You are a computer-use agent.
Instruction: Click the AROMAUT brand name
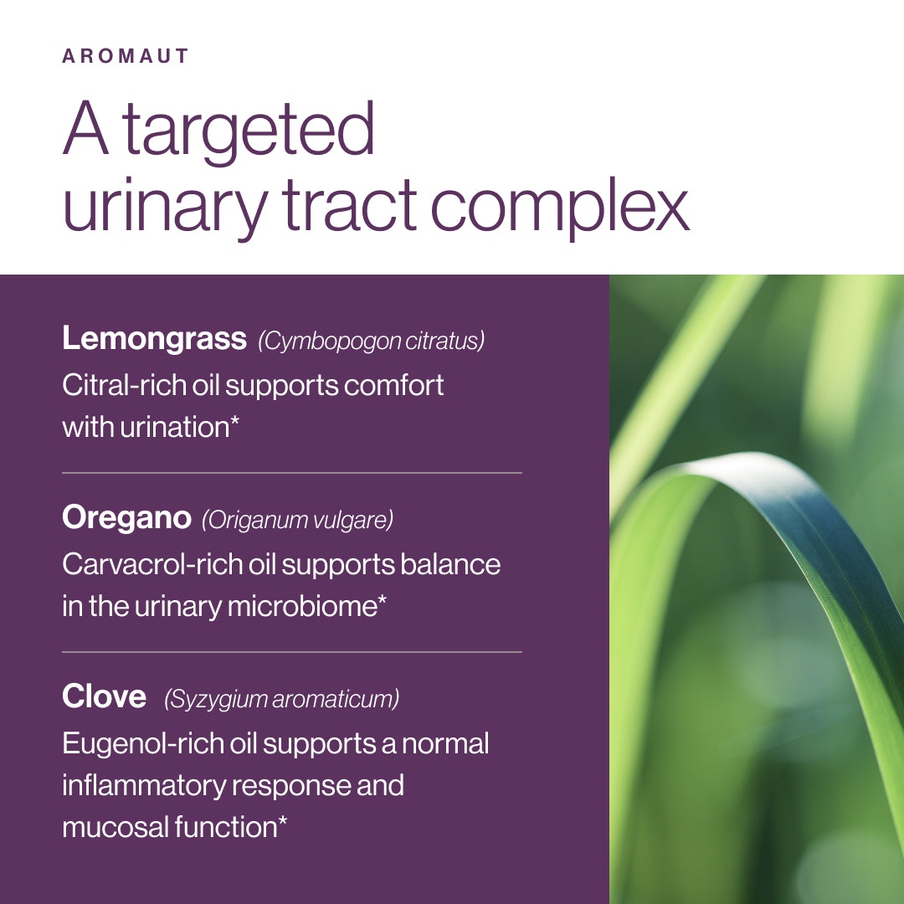[125, 56]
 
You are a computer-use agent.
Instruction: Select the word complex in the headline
[560, 208]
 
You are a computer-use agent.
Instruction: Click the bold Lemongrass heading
[154, 338]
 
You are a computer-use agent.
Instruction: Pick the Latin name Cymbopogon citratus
[372, 341]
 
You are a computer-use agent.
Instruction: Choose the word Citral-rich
[124, 384]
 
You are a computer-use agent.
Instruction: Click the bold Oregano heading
[126, 518]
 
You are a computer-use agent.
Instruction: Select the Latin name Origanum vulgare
[297, 520]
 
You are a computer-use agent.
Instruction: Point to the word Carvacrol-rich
[152, 564]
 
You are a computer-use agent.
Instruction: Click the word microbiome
[302, 606]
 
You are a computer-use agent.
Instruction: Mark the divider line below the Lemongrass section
[292, 473]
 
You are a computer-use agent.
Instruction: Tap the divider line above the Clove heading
[292, 652]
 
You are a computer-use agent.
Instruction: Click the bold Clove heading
[104, 696]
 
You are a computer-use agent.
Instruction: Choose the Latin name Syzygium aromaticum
[281, 699]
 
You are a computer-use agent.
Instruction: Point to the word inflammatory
[144, 786]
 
